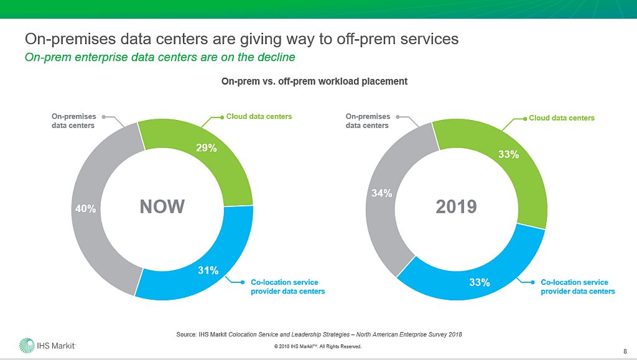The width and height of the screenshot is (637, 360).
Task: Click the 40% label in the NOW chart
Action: click(85, 209)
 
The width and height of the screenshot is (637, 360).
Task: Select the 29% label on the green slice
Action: click(207, 148)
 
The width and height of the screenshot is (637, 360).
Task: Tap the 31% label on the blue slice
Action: click(208, 270)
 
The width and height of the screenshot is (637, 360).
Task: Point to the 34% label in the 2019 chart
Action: click(381, 193)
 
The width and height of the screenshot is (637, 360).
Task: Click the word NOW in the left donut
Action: click(162, 206)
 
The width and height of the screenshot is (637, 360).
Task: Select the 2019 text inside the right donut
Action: click(456, 206)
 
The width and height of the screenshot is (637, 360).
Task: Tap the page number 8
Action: click(624, 349)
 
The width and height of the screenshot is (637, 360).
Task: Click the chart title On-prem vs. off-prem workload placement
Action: click(315, 81)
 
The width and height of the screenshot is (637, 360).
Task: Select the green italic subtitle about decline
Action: click(159, 57)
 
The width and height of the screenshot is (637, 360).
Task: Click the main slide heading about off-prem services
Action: click(241, 39)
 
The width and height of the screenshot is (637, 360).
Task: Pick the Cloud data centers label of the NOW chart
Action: click(259, 116)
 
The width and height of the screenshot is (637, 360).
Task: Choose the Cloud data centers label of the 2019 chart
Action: click(561, 118)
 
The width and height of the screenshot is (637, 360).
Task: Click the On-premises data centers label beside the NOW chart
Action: click(73, 121)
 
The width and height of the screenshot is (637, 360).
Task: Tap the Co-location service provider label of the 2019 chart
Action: click(577, 287)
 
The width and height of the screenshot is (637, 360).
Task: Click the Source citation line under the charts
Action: click(318, 335)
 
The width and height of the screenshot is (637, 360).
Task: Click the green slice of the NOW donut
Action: click(224, 168)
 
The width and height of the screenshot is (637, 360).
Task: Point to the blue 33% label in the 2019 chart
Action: click(480, 283)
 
